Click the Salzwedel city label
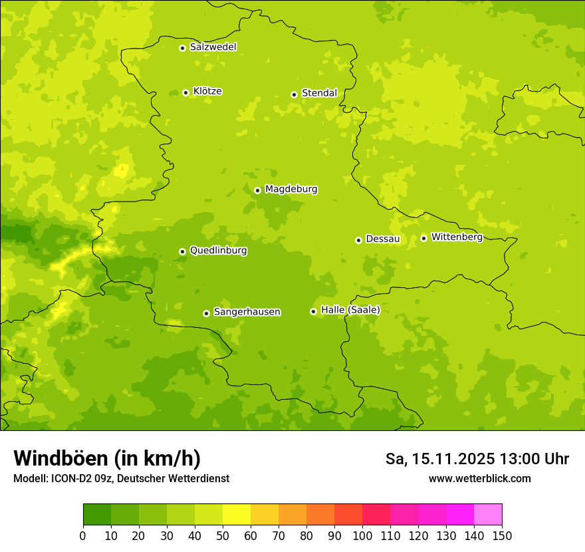coord(213,47)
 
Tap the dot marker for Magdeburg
coord(257,190)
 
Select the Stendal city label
coord(319,93)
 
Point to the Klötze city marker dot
coord(185,92)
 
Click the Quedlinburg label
coord(218,251)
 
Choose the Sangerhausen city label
coord(247,312)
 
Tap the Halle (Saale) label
coord(350,310)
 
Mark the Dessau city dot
coord(358,240)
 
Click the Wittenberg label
coord(457,237)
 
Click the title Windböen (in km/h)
coord(107,458)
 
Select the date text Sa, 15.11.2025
coord(440,459)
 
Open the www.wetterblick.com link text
coord(479,478)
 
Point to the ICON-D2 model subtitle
coord(121,478)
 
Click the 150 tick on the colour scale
coord(502,535)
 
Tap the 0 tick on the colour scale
coord(83,535)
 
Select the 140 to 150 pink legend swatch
coord(488,515)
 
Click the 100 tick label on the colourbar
coord(362,535)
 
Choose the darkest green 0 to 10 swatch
coord(97,515)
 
